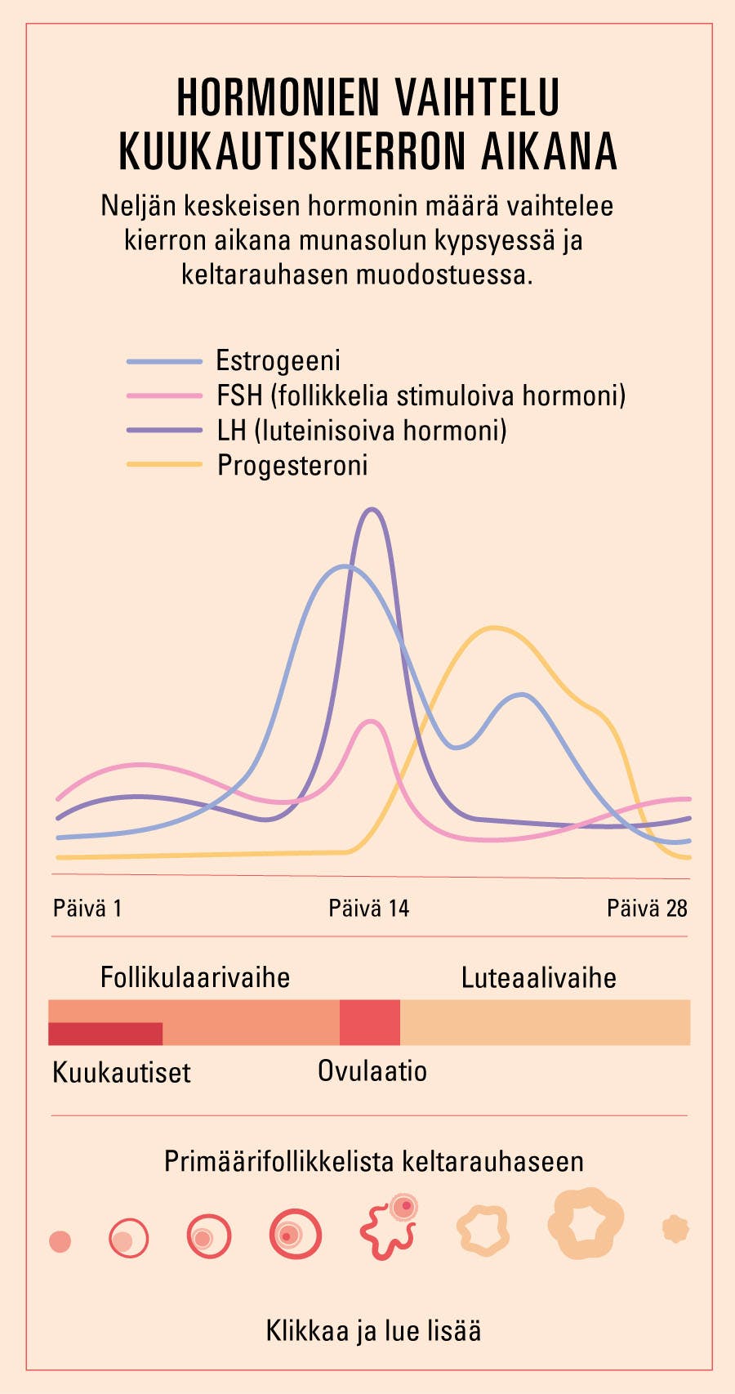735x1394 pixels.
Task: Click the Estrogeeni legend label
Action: [278, 360]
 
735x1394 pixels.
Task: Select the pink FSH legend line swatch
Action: [163, 395]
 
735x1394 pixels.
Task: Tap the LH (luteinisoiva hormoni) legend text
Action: [362, 430]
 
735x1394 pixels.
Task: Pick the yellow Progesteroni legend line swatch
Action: [163, 464]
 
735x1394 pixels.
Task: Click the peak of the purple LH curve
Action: [372, 510]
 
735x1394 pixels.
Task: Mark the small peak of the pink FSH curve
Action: [372, 722]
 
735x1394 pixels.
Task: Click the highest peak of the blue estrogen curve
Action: [345, 565]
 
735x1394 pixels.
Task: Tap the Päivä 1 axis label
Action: [87, 908]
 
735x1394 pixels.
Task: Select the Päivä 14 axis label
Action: [368, 908]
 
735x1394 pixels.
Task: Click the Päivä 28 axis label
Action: [647, 908]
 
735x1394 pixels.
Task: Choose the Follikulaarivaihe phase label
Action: [195, 977]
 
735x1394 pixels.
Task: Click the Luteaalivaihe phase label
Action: [538, 977]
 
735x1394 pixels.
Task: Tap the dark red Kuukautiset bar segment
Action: [105, 1034]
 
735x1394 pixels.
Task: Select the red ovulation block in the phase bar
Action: [370, 1022]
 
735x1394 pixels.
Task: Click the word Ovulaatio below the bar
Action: [372, 1070]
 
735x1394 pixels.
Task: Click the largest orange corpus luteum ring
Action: [586, 1223]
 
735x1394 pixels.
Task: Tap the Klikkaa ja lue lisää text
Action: [373, 1330]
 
